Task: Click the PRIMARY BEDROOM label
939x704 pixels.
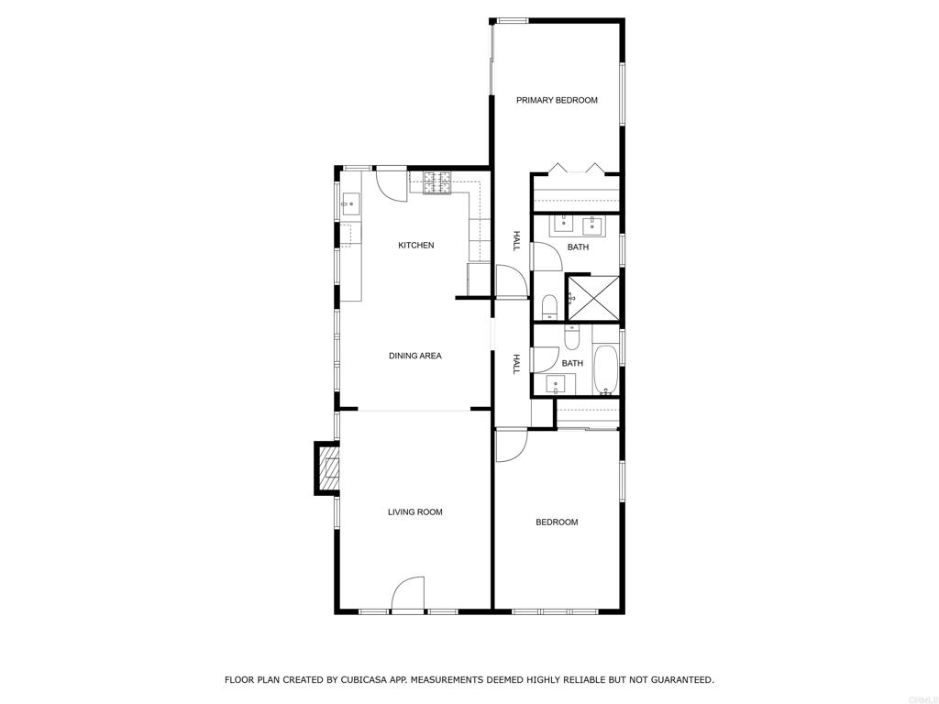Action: pyautogui.click(x=557, y=100)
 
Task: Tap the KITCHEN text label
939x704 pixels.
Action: pyautogui.click(x=415, y=245)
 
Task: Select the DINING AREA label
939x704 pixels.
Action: pyautogui.click(x=414, y=356)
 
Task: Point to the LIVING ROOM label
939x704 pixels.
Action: pyautogui.click(x=414, y=511)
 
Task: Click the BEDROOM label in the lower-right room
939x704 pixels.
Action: pyautogui.click(x=557, y=522)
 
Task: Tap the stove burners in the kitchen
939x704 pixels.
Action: pyautogui.click(x=437, y=182)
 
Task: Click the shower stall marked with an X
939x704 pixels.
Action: pyautogui.click(x=593, y=298)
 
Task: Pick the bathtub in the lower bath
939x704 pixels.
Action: pyautogui.click(x=606, y=368)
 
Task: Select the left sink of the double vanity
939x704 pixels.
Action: pyautogui.click(x=562, y=222)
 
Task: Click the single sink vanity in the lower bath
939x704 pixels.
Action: pyautogui.click(x=554, y=384)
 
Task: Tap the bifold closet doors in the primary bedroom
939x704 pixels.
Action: pyautogui.click(x=576, y=170)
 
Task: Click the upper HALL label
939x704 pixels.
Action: pyautogui.click(x=516, y=241)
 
